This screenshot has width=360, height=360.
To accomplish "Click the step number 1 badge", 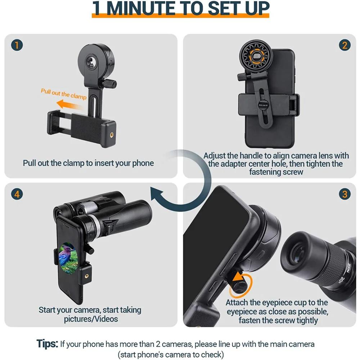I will pos(17,45).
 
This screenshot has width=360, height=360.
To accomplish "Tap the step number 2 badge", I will pos(344,45).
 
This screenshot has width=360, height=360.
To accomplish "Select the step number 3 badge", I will pos(344,194).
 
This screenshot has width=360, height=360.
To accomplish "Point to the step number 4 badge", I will pos(17,194).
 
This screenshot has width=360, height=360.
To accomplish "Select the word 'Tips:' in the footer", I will pos(47,343).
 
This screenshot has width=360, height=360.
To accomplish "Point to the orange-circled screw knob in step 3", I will pos(238,282).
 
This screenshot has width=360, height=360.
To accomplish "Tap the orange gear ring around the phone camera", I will pos(256,57).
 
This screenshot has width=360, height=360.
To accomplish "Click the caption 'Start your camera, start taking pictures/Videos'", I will pos(90,314).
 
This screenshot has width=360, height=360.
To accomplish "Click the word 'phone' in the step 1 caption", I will pos(144,163).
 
